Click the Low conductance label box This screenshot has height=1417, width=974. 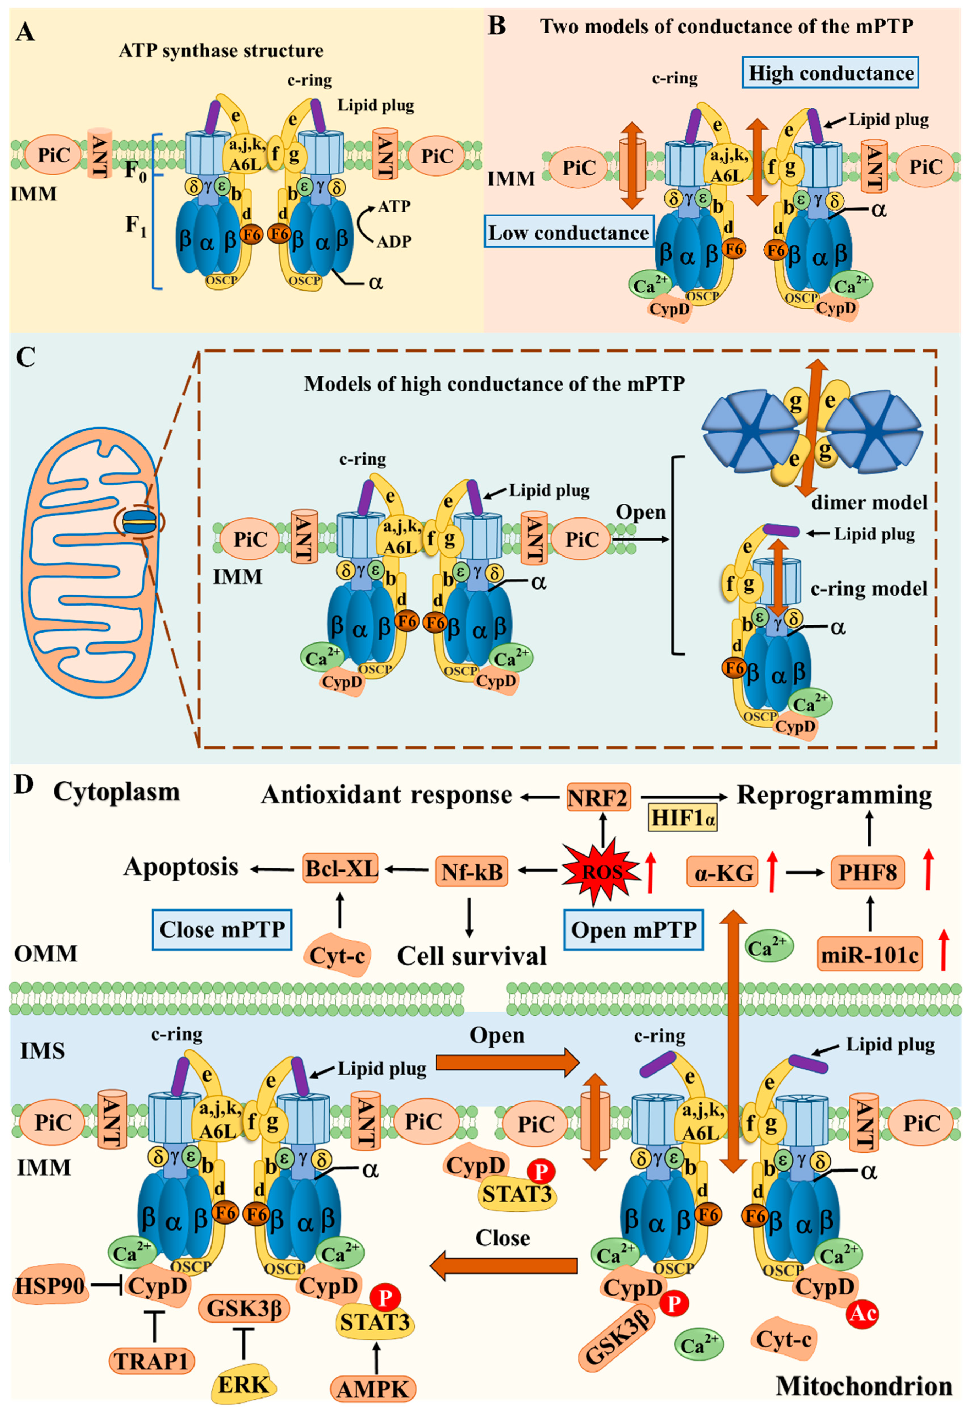point(568,233)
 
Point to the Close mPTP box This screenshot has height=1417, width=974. point(222,929)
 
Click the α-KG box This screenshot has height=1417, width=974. point(723,873)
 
